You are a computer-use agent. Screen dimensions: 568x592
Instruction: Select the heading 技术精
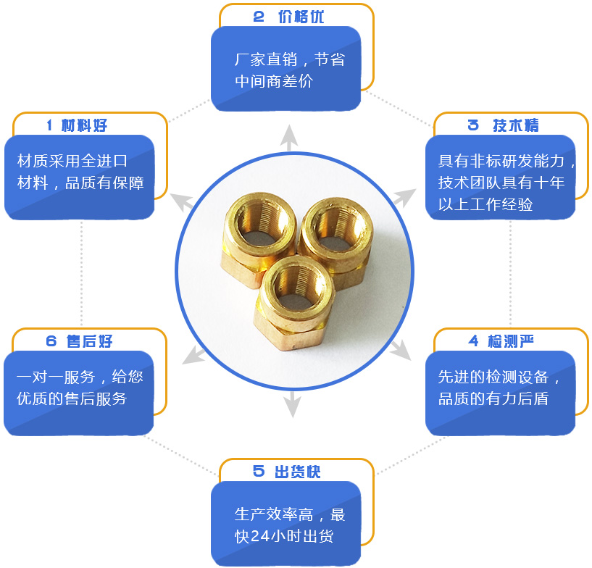pos(515,125)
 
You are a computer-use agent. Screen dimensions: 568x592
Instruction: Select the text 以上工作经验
pos(485,204)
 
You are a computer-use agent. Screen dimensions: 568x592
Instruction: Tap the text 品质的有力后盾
pos(493,398)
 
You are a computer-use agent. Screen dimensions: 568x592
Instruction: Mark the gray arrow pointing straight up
pos(289,137)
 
